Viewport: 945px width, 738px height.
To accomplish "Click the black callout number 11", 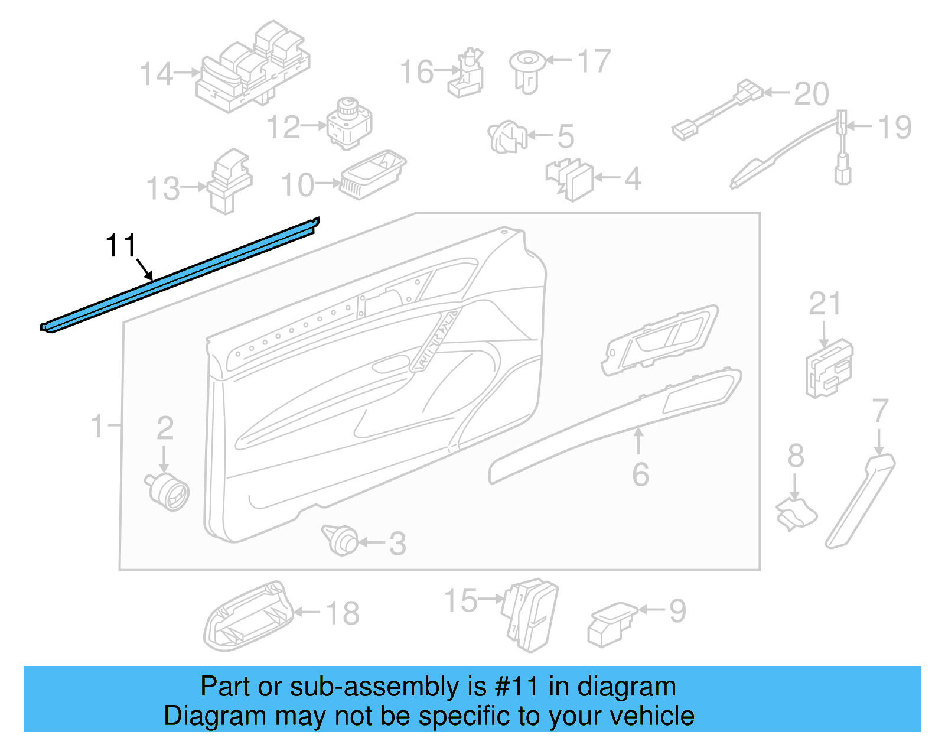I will pos(121,245).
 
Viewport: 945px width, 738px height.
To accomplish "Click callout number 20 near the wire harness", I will pos(811,95).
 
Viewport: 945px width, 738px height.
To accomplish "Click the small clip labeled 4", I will pos(570,178).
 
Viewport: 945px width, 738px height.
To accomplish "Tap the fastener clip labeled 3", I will pos(341,539).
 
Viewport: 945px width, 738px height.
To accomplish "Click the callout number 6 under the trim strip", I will pos(640,474).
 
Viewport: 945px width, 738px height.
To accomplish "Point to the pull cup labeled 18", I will pos(248,617).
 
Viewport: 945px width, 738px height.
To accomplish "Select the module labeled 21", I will pos(829,368).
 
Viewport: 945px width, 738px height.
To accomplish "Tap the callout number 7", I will pos(880,410).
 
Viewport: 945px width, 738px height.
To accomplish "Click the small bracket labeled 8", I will pos(796,513).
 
